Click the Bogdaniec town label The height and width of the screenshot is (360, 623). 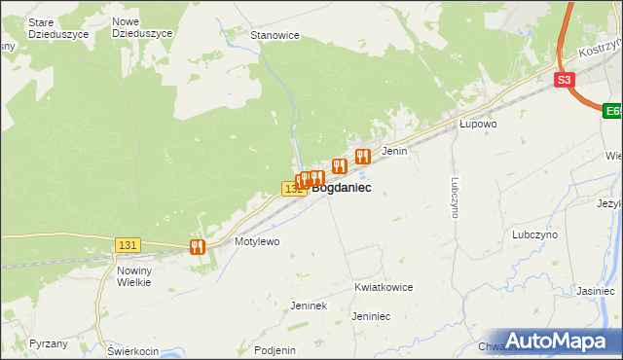point(341,188)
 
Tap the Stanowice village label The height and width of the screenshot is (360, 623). point(275,35)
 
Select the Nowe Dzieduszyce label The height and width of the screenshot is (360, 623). point(142,27)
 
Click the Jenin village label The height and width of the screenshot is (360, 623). point(393,152)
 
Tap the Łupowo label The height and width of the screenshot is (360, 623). point(478,125)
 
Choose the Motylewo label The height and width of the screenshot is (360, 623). point(257,241)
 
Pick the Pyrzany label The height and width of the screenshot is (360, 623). point(49,343)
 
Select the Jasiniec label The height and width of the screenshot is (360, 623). point(594,291)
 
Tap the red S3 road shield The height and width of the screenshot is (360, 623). point(566,81)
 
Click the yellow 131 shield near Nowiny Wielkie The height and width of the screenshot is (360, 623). point(128,245)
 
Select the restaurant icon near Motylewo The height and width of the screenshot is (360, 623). point(198,247)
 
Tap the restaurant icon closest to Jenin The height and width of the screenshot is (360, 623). point(362,156)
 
